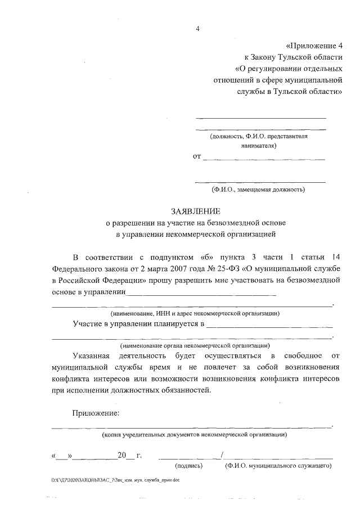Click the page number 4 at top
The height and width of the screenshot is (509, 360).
click(x=197, y=29)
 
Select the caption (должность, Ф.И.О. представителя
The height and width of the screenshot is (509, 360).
click(x=259, y=136)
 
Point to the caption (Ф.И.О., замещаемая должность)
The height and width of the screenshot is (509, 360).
click(x=258, y=190)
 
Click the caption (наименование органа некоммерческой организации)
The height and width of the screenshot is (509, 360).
click(x=195, y=345)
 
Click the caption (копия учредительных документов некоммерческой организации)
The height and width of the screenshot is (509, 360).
click(x=194, y=434)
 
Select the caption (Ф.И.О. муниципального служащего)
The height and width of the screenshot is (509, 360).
click(x=277, y=466)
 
